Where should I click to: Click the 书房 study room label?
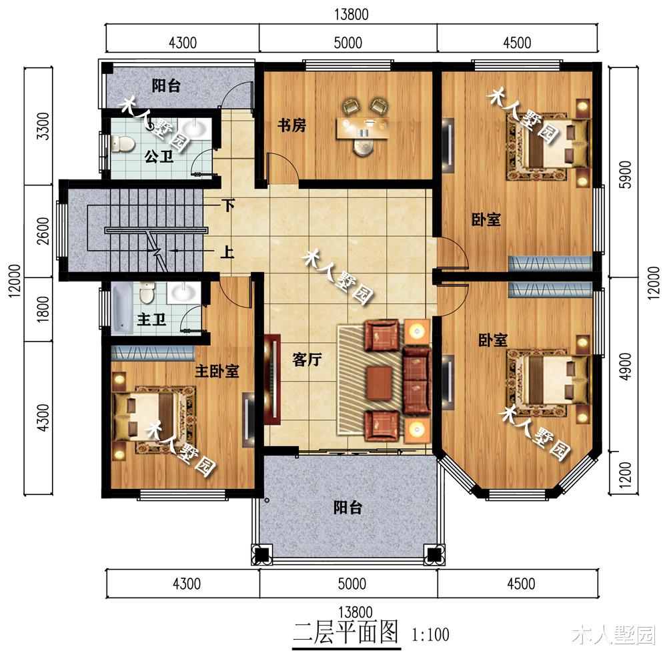click(292, 125)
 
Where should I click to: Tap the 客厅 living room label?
click(307, 360)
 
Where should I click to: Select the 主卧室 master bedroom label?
click(217, 372)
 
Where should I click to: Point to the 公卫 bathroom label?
click(159, 157)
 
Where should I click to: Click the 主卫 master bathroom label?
click(151, 319)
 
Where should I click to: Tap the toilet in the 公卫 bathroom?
click(122, 143)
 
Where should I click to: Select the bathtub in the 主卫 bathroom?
click(122, 309)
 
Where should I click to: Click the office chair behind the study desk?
click(363, 147)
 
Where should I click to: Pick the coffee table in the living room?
click(380, 383)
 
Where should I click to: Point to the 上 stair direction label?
click(227, 253)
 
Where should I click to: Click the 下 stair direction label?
click(228, 206)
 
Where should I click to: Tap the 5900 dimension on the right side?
click(626, 175)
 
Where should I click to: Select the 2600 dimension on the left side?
click(43, 231)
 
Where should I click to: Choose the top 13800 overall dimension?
click(352, 14)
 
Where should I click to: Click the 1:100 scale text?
click(430, 635)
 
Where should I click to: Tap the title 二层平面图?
click(346, 632)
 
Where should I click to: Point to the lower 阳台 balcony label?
click(348, 507)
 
